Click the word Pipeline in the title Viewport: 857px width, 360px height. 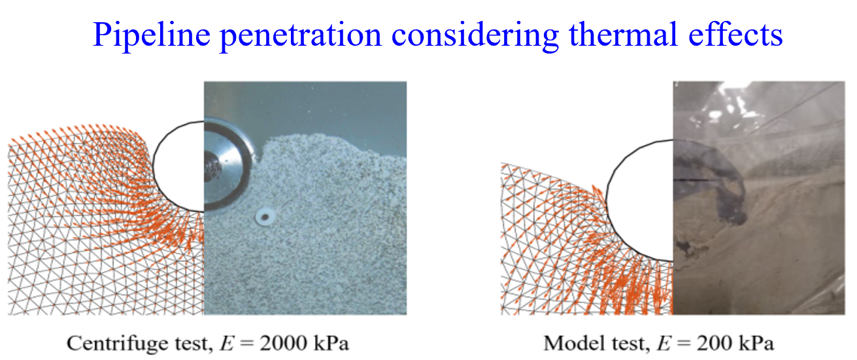152,35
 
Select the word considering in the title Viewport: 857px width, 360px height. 475,35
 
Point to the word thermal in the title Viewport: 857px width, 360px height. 623,35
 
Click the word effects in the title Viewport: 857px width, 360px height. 735,35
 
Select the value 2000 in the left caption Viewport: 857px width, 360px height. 283,343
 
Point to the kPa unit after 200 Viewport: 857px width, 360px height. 756,343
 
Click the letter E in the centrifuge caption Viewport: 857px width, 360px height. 226,343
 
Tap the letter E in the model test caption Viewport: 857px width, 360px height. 664,343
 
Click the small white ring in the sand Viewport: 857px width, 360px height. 265,217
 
